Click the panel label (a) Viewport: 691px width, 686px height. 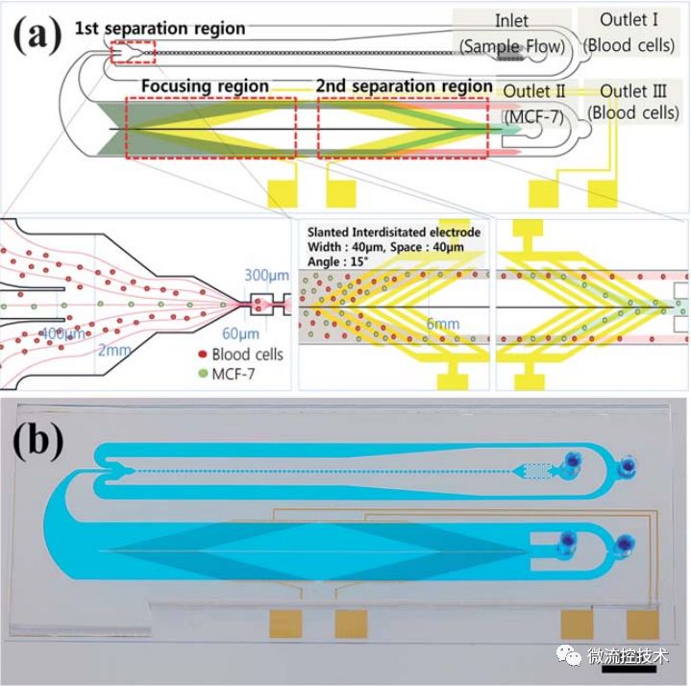pyautogui.click(x=37, y=36)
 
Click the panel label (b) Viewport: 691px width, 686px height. pyautogui.click(x=38, y=441)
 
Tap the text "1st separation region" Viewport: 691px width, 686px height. pyautogui.click(x=160, y=29)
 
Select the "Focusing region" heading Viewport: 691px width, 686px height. pyautogui.click(x=205, y=86)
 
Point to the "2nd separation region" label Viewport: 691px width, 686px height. pyautogui.click(x=404, y=86)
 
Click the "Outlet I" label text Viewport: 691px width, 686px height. pyautogui.click(x=629, y=20)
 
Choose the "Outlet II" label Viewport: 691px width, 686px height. pyautogui.click(x=533, y=91)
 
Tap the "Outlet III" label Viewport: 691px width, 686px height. pyautogui.click(x=633, y=91)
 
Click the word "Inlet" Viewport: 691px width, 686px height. pyautogui.click(x=511, y=21)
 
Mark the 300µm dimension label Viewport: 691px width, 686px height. pyautogui.click(x=267, y=276)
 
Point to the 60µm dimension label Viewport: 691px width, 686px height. pyautogui.click(x=240, y=333)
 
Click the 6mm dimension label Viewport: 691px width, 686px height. pyautogui.click(x=443, y=325)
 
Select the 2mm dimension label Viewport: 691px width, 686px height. pyautogui.click(x=114, y=351)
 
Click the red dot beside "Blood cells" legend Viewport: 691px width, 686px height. pyautogui.click(x=203, y=354)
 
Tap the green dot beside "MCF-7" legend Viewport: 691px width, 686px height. pyautogui.click(x=203, y=374)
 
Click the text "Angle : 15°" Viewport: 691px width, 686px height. pyautogui.click(x=337, y=261)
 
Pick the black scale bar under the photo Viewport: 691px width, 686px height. pyautogui.click(x=629, y=670)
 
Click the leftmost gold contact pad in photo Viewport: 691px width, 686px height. pyautogui.click(x=285, y=625)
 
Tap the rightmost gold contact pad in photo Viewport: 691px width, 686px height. pyautogui.click(x=643, y=625)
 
